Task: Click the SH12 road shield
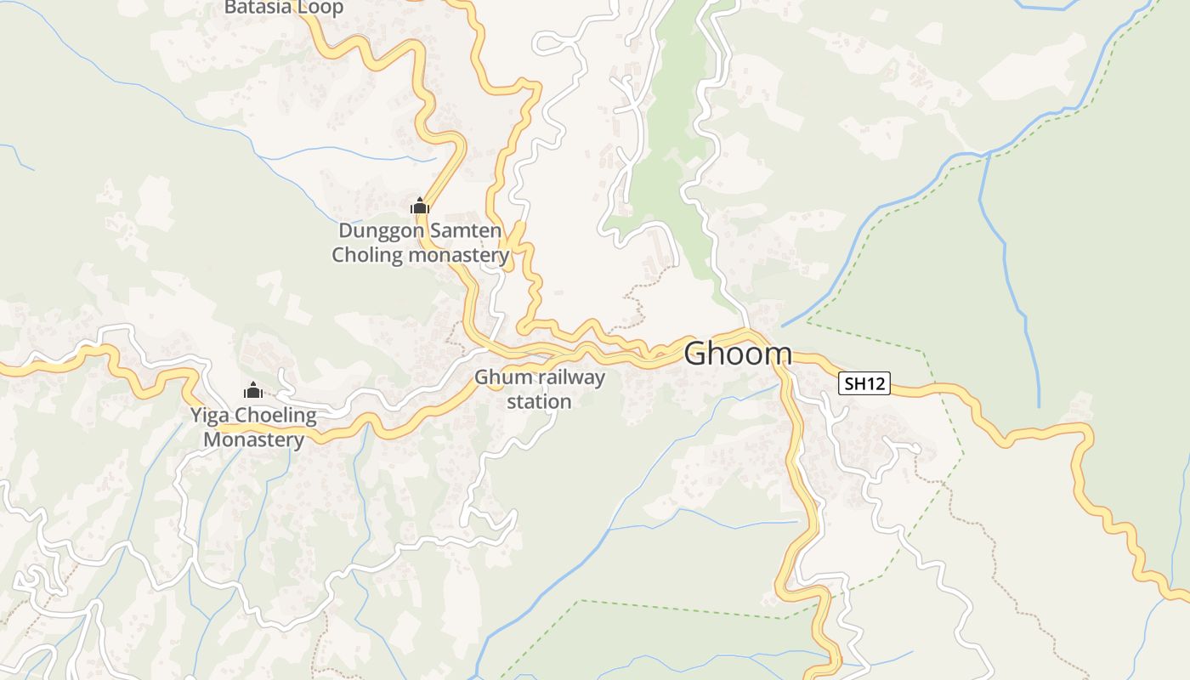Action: point(864,384)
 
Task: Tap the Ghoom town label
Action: point(738,354)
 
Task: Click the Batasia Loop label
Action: point(284,8)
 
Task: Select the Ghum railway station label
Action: point(540,388)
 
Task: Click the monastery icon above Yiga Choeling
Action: point(252,391)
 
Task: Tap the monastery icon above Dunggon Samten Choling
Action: point(420,206)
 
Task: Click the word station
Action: point(540,401)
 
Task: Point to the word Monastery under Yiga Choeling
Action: point(253,439)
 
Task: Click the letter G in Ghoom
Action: point(698,354)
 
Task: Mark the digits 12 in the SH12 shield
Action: point(875,384)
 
